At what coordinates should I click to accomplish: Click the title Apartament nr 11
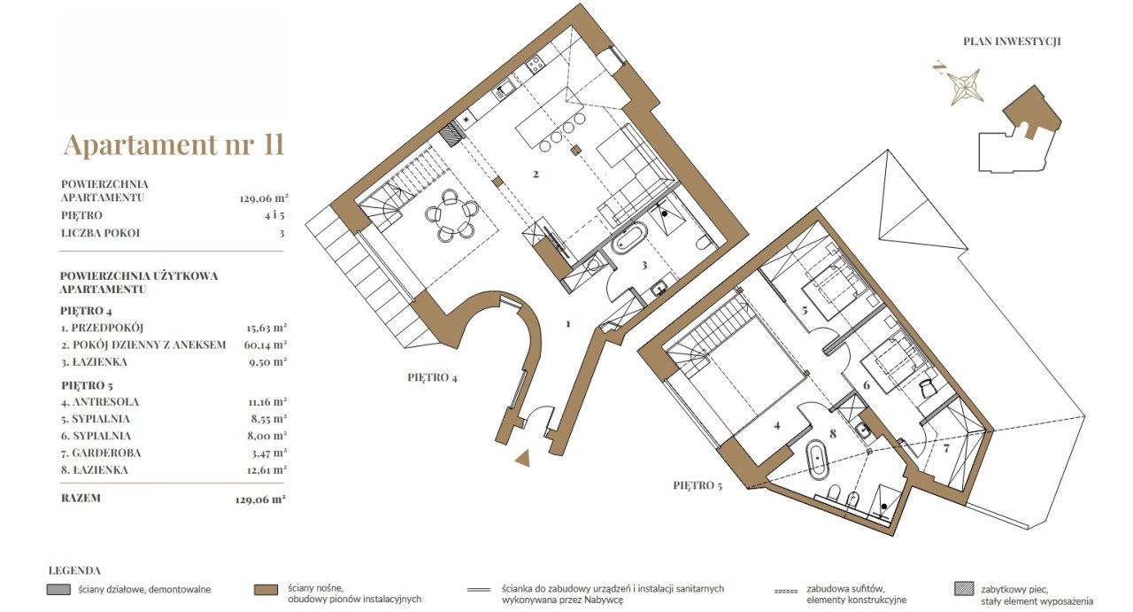[x=173, y=144]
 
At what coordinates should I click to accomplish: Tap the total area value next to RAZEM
[x=260, y=500]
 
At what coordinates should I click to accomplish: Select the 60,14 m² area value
[x=266, y=345]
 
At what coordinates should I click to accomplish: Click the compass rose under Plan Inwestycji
[x=964, y=86]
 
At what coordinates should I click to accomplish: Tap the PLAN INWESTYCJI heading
[x=1012, y=42]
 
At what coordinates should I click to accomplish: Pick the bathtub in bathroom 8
[x=817, y=460]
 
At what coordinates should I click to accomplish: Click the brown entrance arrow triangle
[x=523, y=458]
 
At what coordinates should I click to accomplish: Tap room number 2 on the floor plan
[x=536, y=174]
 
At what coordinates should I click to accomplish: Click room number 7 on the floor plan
[x=946, y=448]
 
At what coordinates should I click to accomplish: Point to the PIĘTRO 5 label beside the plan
[x=698, y=485]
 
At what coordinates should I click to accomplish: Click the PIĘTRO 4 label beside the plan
[x=433, y=377]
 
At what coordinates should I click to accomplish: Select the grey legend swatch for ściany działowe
[x=58, y=590]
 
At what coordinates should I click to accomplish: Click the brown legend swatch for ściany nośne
[x=266, y=590]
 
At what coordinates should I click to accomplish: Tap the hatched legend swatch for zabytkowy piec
[x=964, y=589]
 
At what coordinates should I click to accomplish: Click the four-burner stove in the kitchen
[x=536, y=65]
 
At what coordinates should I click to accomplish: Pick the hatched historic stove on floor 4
[x=451, y=135]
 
